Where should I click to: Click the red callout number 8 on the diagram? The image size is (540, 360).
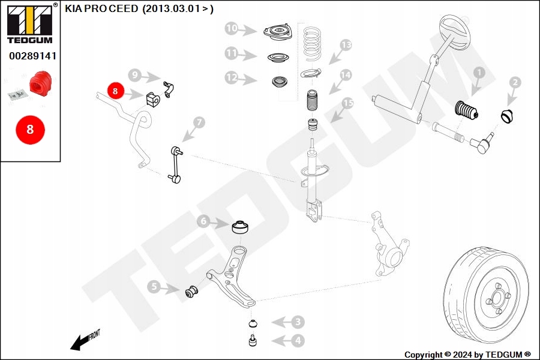coord(115,91)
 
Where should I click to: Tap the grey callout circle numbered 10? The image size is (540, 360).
coord(232,28)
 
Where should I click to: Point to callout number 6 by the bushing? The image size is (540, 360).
coord(203,222)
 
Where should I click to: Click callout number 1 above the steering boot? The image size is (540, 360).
coord(478,73)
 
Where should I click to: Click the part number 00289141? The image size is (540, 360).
coord(32,56)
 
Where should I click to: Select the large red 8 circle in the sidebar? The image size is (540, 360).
coord(29,130)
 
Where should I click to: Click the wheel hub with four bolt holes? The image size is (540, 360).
coord(497,298)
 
